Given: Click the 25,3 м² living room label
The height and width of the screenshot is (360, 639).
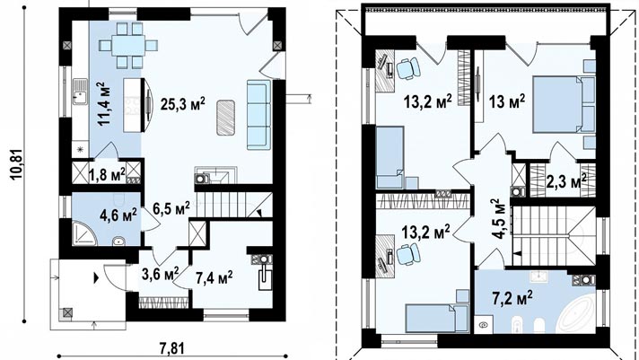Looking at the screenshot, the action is click(x=182, y=104).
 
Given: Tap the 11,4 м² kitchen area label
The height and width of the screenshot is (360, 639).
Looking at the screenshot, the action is click(x=103, y=103).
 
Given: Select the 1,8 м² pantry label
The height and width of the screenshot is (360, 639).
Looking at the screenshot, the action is click(x=107, y=175).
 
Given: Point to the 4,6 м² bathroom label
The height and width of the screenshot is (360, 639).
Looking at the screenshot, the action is click(x=118, y=215).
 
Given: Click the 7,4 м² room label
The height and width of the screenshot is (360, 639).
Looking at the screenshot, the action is click(x=214, y=278).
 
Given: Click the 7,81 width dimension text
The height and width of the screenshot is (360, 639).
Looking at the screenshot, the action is click(x=171, y=349).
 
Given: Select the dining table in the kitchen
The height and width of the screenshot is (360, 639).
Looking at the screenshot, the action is click(x=128, y=45).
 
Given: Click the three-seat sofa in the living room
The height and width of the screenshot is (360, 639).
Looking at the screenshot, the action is click(x=258, y=115).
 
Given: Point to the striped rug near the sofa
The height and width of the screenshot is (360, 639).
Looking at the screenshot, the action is click(x=225, y=118).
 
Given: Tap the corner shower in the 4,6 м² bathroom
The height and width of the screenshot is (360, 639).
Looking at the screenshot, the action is click(x=84, y=233).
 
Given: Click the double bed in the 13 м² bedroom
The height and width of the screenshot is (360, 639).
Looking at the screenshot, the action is click(x=564, y=104).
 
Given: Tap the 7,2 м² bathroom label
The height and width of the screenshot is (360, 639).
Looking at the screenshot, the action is click(x=512, y=298).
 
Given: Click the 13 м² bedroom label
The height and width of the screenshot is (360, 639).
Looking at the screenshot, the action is click(x=506, y=101).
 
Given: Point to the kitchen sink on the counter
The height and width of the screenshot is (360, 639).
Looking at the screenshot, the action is click(x=80, y=92).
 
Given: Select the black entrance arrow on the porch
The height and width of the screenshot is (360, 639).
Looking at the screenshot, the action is click(x=96, y=278).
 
